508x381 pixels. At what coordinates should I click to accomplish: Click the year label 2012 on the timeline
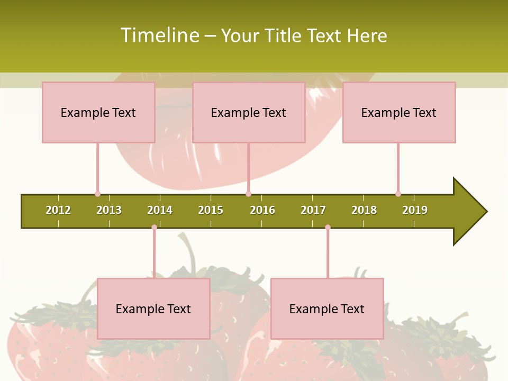pos(58,210)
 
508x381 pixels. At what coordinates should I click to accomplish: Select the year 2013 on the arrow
pos(109,210)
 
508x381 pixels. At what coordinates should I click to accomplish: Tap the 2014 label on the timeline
pos(160,210)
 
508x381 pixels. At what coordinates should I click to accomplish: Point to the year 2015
pos(211,210)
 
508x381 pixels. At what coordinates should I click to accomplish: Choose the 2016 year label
pos(262,210)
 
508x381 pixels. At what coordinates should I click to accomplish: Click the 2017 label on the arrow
pos(313,210)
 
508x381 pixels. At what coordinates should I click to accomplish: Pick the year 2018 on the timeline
pos(364,210)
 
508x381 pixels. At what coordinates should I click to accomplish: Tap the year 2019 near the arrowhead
pos(415,210)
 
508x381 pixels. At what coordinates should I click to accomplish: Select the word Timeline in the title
pos(159,35)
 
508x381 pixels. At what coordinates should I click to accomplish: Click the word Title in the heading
pos(284,35)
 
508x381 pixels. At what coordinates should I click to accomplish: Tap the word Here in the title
pos(367,35)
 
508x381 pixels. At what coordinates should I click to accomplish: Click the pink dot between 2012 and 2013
pos(97,194)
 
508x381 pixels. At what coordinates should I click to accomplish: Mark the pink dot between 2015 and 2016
pos(248,194)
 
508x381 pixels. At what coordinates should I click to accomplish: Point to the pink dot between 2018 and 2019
pos(398,194)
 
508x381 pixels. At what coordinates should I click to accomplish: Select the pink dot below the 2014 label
pos(154,228)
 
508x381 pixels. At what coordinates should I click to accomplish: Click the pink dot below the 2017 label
pos(328,228)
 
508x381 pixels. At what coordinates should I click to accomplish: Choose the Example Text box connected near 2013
pos(98,112)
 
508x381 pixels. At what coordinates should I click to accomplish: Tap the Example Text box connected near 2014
pos(153,309)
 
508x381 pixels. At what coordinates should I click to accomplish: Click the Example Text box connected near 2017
pos(327,309)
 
